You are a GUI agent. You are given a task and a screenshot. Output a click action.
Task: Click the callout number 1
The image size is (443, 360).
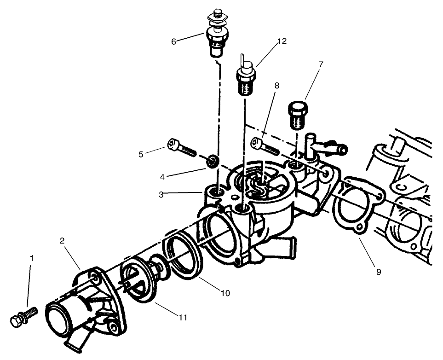click(x=31, y=259)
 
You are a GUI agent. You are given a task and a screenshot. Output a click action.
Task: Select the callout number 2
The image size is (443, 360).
click(x=62, y=240)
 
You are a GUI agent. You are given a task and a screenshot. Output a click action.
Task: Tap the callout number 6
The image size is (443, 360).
click(x=173, y=41)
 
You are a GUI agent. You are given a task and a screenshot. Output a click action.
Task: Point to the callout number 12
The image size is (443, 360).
click(x=282, y=41)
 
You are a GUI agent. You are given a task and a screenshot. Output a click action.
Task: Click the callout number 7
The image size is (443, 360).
click(x=321, y=64)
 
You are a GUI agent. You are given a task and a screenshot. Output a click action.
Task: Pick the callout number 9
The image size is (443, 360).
click(x=378, y=272)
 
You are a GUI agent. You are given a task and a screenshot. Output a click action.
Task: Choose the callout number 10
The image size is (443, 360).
click(x=225, y=293)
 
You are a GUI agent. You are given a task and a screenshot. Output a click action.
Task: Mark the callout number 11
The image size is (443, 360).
click(x=183, y=317)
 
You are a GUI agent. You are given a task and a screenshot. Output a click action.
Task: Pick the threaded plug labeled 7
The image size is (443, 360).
click(x=297, y=116)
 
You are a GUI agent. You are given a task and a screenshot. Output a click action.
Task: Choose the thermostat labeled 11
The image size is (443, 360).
click(x=138, y=281)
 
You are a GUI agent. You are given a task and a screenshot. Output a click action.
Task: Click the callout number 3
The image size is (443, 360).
click(x=161, y=194)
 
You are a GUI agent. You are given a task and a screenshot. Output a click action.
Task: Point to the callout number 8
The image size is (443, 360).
click(x=277, y=86)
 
